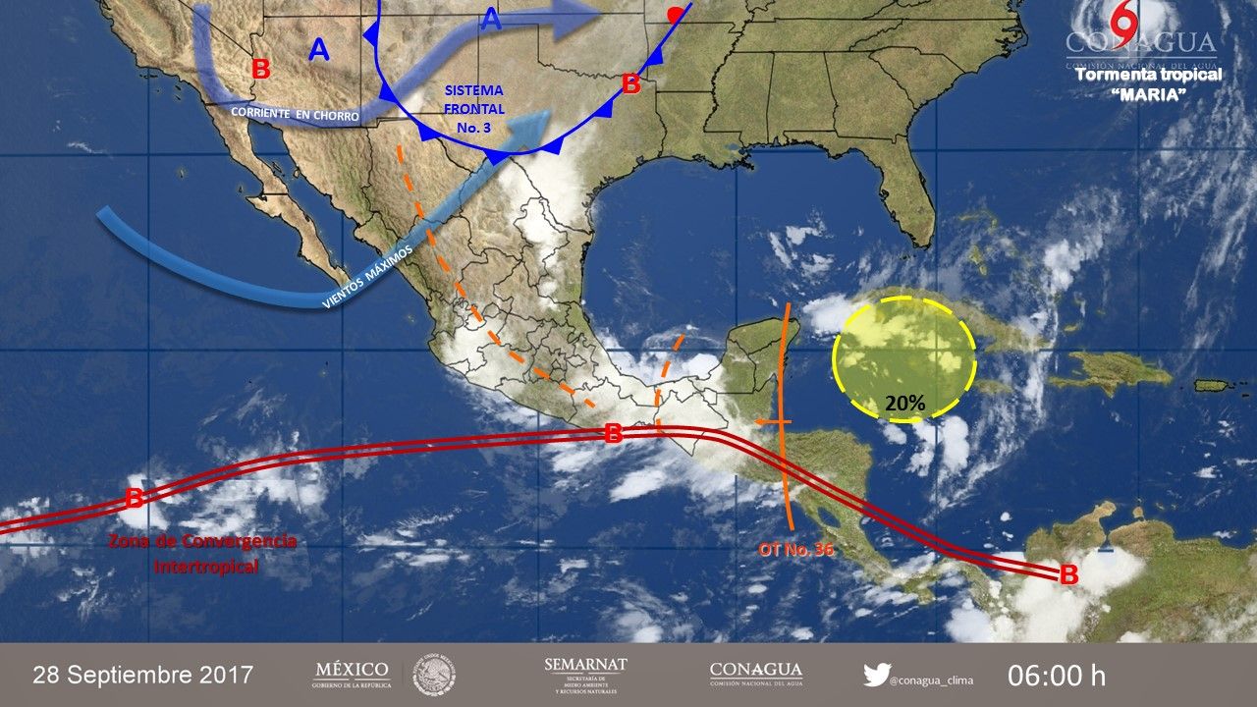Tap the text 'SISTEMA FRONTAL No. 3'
pyautogui.click(x=473, y=109)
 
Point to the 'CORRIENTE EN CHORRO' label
pyautogui.click(x=296, y=114)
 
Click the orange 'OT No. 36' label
pyautogui.click(x=795, y=550)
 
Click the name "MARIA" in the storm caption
pyautogui.click(x=1149, y=93)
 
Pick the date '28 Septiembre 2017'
pyautogui.click(x=143, y=676)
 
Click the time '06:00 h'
pyautogui.click(x=1057, y=676)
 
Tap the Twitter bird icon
pyautogui.click(x=876, y=675)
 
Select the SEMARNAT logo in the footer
pyautogui.click(x=585, y=675)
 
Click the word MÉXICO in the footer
pyautogui.click(x=352, y=670)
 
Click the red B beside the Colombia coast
pyautogui.click(x=1068, y=575)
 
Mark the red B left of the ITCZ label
pyautogui.click(x=134, y=498)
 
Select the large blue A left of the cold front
pyautogui.click(x=319, y=49)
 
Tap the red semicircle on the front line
pyautogui.click(x=675, y=15)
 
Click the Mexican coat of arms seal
pyautogui.click(x=433, y=675)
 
